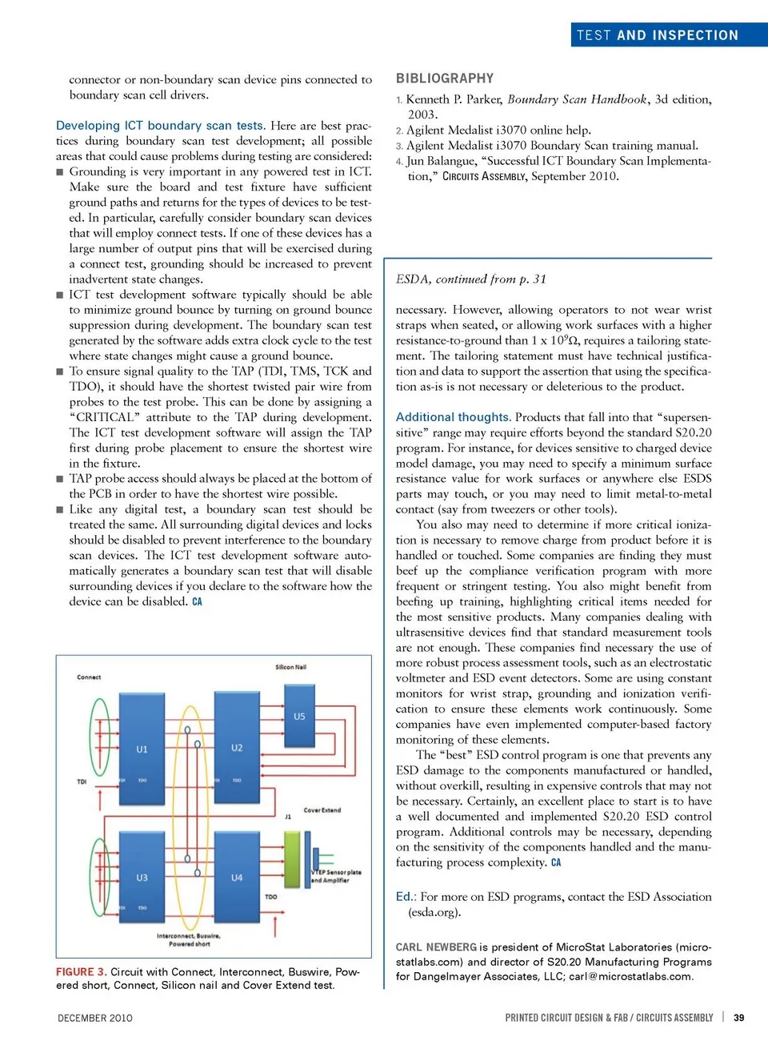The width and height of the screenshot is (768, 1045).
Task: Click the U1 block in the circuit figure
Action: pos(142,748)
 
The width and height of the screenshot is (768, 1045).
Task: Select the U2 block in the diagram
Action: pos(237,746)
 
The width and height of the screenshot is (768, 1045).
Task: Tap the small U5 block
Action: pos(299,716)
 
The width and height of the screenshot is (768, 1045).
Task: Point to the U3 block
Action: pos(142,876)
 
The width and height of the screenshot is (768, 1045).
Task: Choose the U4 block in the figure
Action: pos(237,876)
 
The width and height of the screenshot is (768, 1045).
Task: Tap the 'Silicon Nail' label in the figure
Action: pos(290,666)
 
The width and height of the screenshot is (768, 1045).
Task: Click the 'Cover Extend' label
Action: pos(322,810)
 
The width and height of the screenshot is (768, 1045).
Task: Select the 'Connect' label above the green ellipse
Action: pos(89,677)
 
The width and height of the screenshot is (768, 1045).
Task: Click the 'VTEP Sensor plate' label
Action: pos(337,872)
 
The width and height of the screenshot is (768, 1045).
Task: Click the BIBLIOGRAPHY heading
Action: pos(445,78)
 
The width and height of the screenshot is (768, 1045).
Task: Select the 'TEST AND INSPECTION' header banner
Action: pos(657,35)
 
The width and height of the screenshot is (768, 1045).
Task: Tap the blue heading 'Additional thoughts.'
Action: pos(453,417)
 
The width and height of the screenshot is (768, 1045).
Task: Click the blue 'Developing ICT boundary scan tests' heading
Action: pos(160,126)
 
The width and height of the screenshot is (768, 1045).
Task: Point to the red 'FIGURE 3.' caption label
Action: pos(81,971)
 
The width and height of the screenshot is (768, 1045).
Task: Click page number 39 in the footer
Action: pos(738,1018)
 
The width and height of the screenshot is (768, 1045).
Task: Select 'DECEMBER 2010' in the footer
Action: pos(95,1018)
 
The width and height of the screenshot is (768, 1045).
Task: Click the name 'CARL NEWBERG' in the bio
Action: pos(436,947)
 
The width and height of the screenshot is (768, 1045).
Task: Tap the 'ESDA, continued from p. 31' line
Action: pos(470,279)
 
